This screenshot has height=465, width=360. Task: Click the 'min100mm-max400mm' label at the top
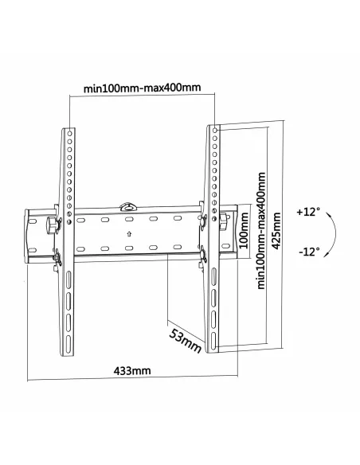click(x=142, y=88)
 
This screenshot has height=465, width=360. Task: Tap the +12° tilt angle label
click(x=307, y=213)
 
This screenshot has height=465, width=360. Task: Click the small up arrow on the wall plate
click(x=128, y=234)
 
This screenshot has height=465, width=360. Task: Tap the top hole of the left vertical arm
click(x=68, y=132)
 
